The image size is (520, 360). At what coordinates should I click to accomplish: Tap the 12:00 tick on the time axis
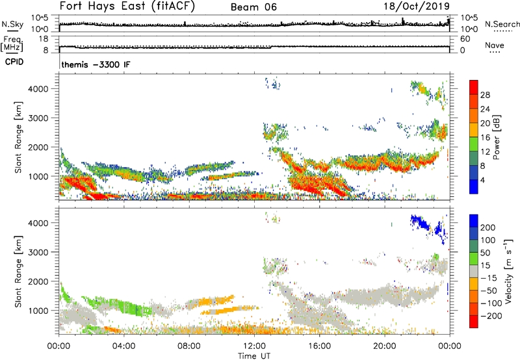(x=254, y=345)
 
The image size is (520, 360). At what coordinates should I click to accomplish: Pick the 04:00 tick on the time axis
(x=123, y=345)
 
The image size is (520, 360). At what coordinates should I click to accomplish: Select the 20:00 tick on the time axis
(x=385, y=345)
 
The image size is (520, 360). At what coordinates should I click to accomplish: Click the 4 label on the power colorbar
(x=485, y=179)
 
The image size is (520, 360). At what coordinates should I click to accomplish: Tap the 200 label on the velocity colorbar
(x=489, y=228)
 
